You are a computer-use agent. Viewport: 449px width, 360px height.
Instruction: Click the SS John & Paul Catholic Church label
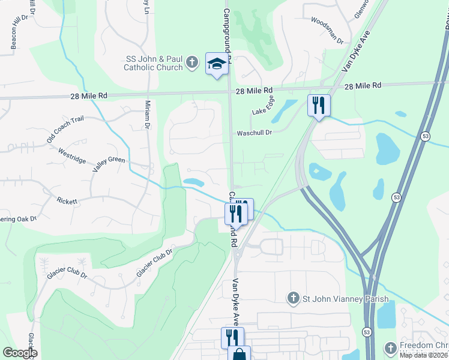tap(153, 63)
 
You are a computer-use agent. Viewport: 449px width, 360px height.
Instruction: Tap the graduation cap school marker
tap(217, 64)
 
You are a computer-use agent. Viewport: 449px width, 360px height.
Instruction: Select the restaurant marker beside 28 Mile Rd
tap(319, 105)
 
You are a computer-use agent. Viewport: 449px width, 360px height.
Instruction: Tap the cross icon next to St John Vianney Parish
tap(292, 298)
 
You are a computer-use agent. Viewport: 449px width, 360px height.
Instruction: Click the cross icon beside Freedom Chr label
tap(390, 347)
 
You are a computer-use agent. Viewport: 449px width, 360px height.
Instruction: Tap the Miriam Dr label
tap(146, 114)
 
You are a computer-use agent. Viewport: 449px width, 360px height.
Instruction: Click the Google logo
tap(20, 352)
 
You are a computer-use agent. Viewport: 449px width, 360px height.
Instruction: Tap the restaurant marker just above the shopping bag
tap(232, 337)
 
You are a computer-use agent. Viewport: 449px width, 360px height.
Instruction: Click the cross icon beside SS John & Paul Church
tap(191, 62)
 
